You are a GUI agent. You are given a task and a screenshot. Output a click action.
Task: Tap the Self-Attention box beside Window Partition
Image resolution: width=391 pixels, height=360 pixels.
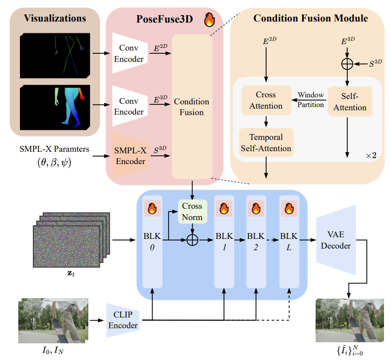point(350,101)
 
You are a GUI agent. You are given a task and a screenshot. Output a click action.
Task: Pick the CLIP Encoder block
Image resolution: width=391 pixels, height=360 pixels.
point(123,320)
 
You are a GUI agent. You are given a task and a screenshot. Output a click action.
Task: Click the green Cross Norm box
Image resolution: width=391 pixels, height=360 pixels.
point(192,211)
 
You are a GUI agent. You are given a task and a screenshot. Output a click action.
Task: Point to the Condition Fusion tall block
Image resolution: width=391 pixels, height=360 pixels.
point(192,106)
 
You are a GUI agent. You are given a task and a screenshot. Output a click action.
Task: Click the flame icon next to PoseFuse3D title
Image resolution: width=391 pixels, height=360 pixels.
point(209,20)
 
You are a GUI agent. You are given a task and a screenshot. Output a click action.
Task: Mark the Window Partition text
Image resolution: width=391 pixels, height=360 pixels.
point(311,99)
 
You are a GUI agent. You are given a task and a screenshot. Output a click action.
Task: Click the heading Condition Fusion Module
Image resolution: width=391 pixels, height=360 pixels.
point(311,19)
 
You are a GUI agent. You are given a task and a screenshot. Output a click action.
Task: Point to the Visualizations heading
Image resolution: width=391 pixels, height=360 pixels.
point(55,18)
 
